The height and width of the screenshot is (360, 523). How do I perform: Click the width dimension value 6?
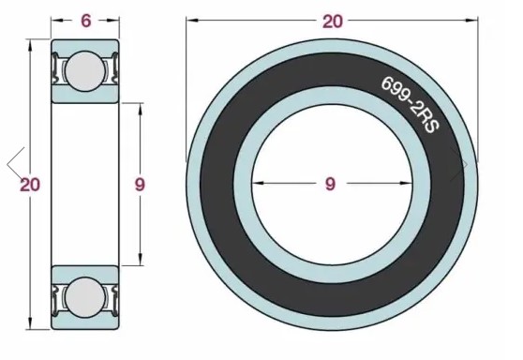point(85,21)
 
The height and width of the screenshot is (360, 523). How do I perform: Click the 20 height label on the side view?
point(30,185)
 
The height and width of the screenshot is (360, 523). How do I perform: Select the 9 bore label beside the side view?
point(140,184)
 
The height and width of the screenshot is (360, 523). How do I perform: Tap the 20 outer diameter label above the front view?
point(332,22)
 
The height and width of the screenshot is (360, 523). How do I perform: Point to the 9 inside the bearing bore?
point(330,184)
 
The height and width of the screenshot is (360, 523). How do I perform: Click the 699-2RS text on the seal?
point(411,105)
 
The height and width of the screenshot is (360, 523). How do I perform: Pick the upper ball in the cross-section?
point(84,70)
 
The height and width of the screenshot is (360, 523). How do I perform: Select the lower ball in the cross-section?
point(84,297)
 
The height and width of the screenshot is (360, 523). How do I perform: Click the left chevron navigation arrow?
point(15,164)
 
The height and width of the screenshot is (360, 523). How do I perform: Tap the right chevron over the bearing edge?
point(459,164)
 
